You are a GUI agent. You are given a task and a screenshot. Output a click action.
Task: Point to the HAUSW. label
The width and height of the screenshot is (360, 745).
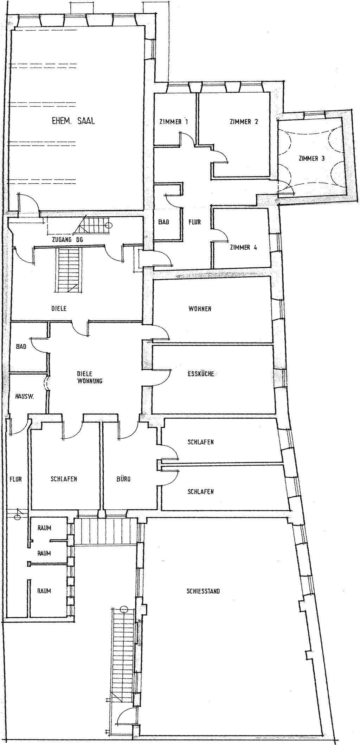pyautogui.click(x=24, y=396)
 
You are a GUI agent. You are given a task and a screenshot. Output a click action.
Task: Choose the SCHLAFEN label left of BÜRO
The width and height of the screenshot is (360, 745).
pyautogui.click(x=64, y=479)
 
